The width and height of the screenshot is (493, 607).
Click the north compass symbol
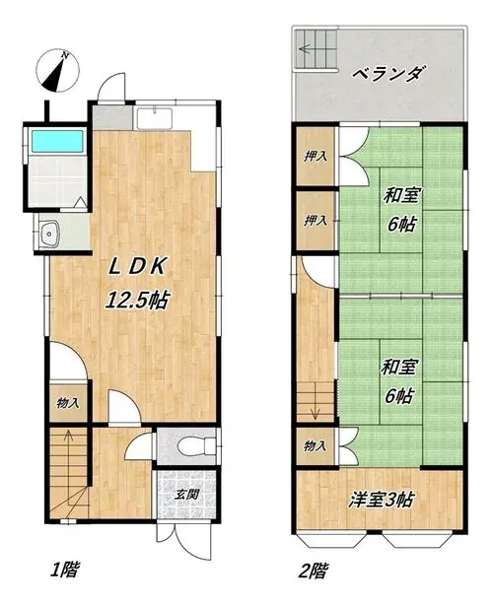pos(58,71)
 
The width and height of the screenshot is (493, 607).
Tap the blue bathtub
pos(57,141)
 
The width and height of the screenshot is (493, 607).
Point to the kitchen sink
pos(154,119)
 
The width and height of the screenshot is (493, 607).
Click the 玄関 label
pos(186,495)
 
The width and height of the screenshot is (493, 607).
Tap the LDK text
pos(138,266)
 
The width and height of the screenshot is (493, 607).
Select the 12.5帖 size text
pos(138,300)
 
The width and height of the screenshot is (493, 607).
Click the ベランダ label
pos(387,73)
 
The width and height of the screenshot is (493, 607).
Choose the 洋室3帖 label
pos(382,500)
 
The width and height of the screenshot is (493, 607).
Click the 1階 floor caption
pos(65,570)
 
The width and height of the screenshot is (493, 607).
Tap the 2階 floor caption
pos(314,571)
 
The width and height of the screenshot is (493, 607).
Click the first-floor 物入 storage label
pos(68,403)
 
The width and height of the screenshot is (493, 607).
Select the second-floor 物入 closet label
pos(316,446)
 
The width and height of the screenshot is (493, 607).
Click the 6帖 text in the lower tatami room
pos(399,396)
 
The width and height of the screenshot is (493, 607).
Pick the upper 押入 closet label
pos(316,157)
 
